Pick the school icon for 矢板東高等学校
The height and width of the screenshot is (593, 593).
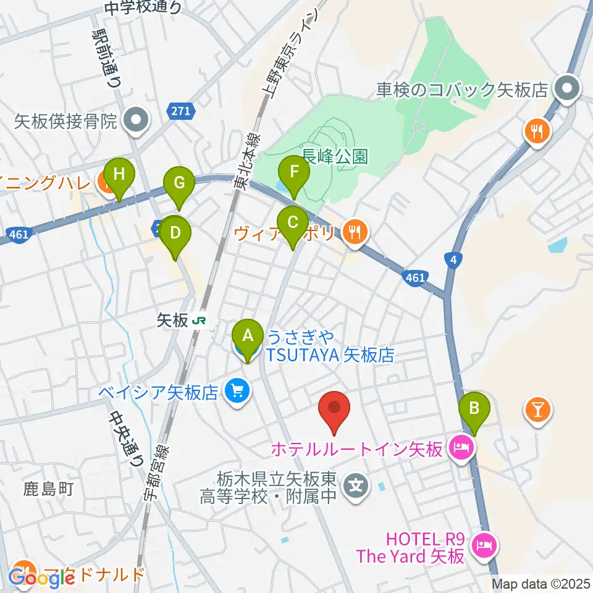pyautogui.click(x=356, y=483)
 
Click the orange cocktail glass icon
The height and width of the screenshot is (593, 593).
pyautogui.click(x=537, y=410)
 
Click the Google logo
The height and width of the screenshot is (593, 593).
pyautogui.click(x=42, y=578)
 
